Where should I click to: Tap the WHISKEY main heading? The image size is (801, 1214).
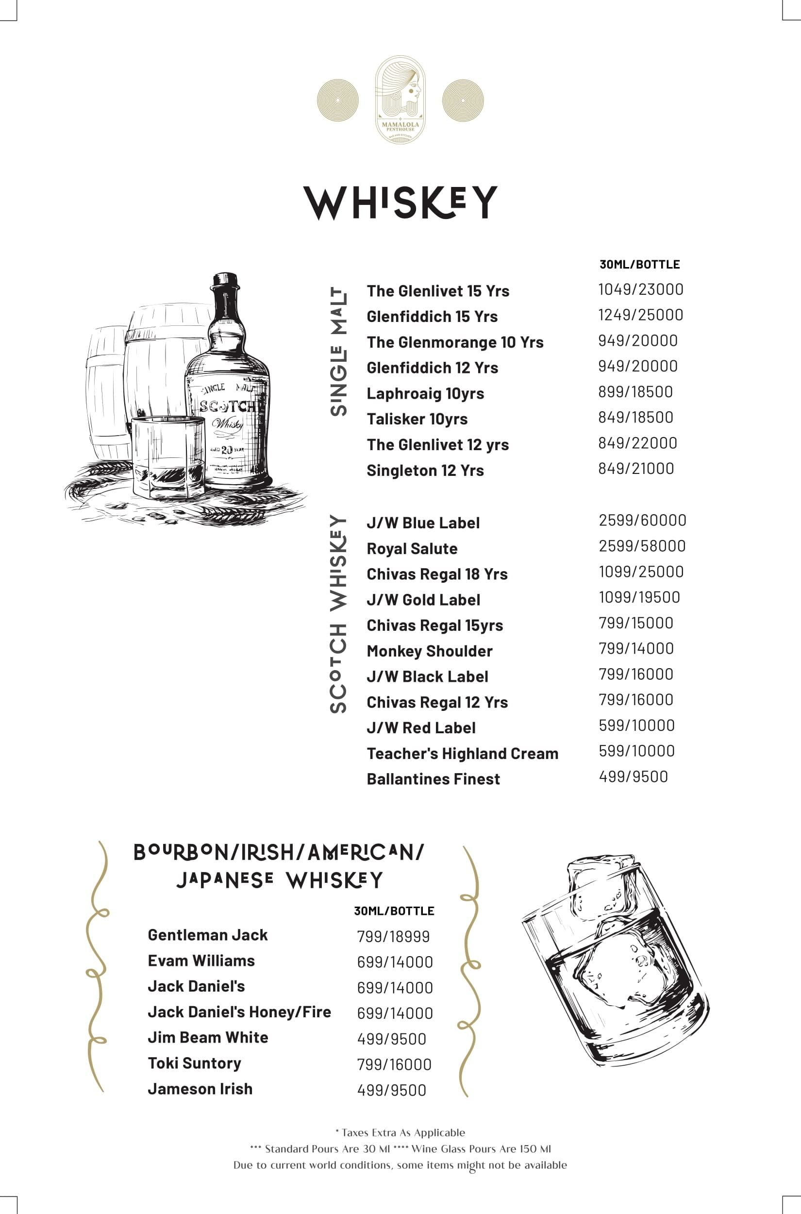400,203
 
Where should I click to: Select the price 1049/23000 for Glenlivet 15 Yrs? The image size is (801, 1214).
641,290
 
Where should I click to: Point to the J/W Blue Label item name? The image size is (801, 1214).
423,523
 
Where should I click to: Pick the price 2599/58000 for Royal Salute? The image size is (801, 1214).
642,546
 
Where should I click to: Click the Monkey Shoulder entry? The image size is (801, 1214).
429,652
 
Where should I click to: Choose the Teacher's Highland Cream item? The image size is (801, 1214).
462,754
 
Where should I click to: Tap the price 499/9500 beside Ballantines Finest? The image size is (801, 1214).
633,776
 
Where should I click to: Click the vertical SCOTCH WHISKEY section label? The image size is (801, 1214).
338,613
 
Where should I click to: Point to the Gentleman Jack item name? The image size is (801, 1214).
207,935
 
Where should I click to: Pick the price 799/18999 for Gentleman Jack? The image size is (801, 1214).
393,937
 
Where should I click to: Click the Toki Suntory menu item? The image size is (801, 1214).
194,1063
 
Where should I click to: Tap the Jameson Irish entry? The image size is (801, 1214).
200,1089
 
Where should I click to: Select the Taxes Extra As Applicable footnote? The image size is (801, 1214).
400,1133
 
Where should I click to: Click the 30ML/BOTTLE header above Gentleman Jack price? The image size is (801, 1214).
394,911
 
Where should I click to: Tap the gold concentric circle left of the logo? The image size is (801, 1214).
338,100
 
